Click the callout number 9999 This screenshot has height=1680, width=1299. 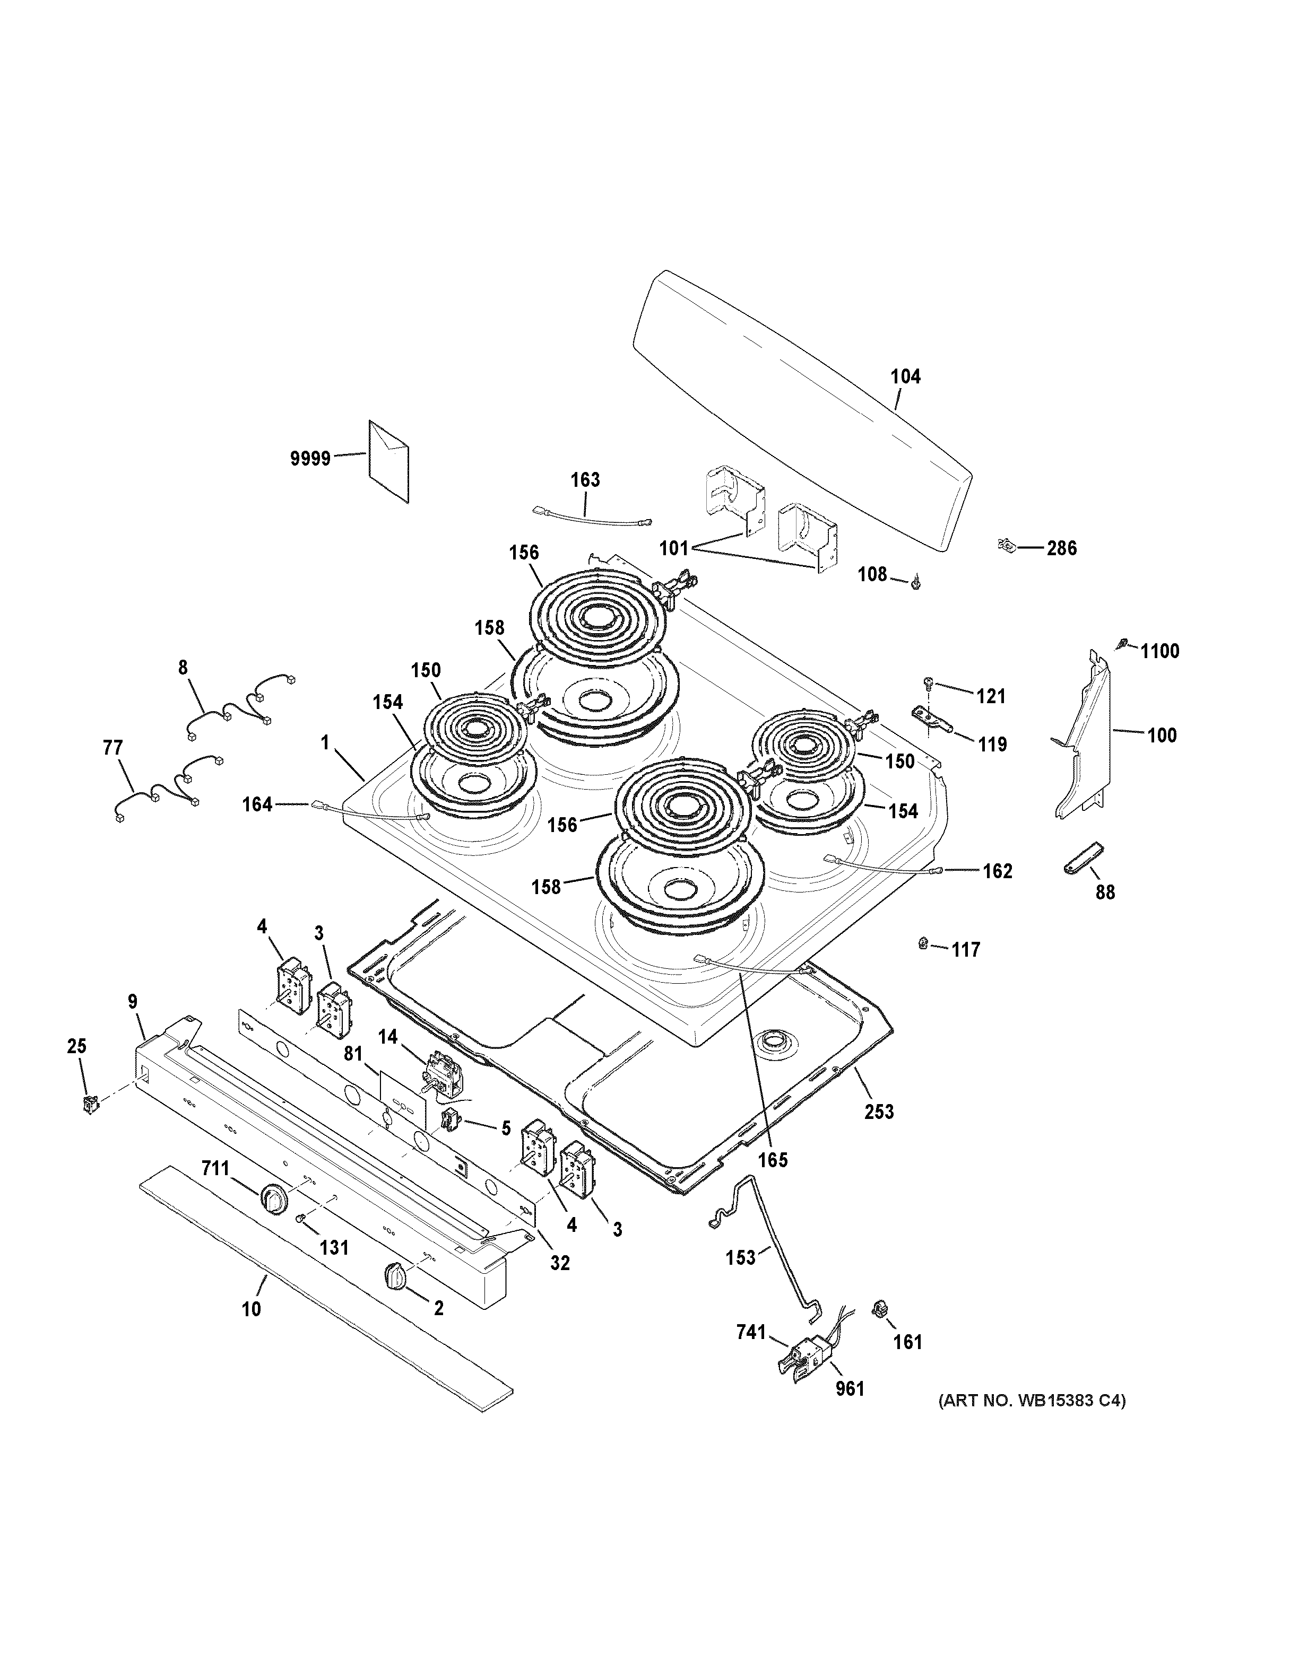pos(310,459)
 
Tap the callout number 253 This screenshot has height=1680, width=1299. pos(879,1111)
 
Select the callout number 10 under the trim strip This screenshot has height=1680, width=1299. pos(251,1308)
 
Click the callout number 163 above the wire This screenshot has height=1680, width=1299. pos(585,479)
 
